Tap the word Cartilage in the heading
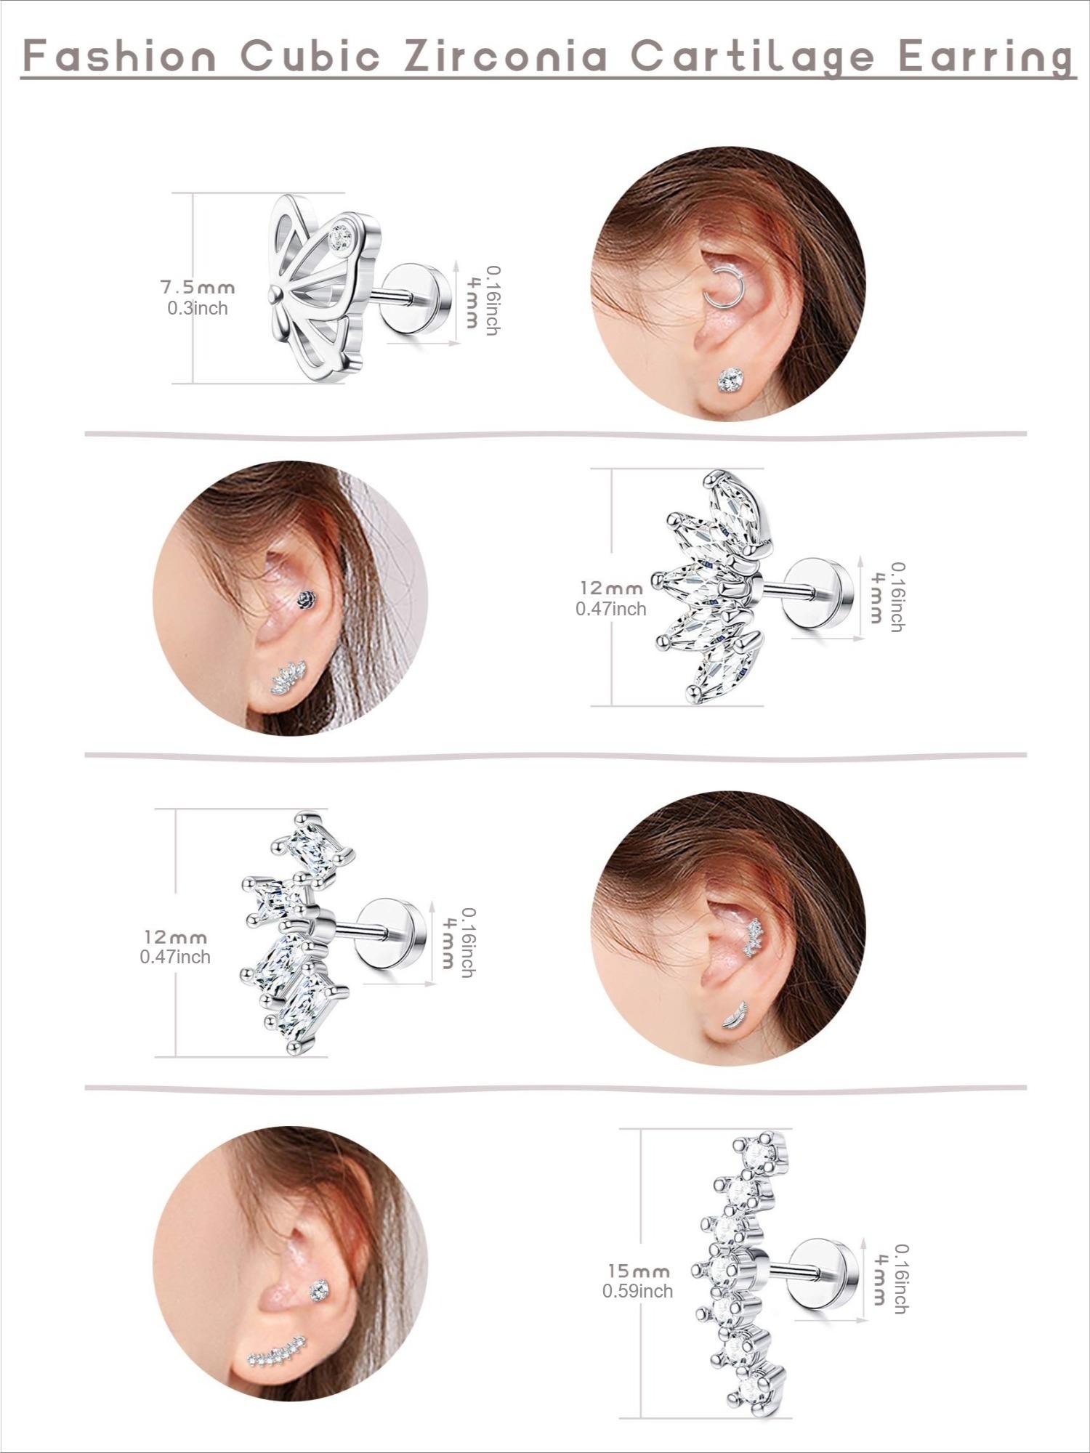click(x=752, y=57)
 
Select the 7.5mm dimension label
click(x=198, y=288)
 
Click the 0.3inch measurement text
click(x=198, y=309)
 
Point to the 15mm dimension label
click(x=639, y=1271)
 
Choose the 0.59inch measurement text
click(x=637, y=1291)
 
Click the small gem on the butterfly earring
click(x=339, y=235)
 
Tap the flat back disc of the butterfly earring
click(x=411, y=299)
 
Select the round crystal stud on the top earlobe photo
click(x=730, y=379)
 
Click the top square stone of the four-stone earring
click(x=315, y=847)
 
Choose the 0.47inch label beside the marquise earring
click(x=610, y=609)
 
